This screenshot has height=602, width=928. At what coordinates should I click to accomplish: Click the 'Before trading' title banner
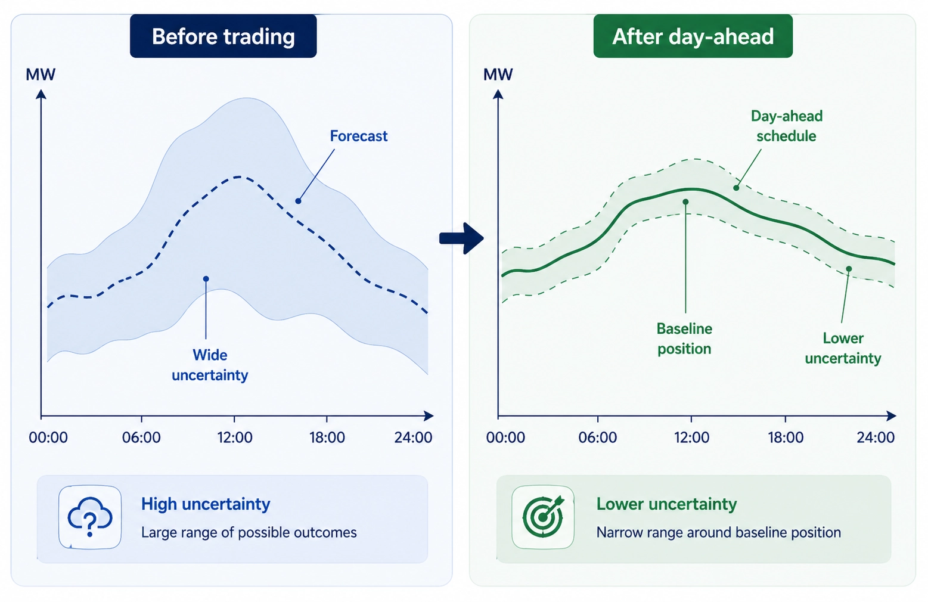[x=223, y=36]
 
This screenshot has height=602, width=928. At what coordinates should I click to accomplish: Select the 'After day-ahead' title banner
[x=693, y=36]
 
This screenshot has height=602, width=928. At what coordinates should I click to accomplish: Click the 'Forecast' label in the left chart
[x=358, y=136]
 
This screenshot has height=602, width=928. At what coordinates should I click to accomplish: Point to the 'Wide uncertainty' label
[x=210, y=365]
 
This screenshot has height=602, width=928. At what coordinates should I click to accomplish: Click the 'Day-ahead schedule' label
[x=786, y=126]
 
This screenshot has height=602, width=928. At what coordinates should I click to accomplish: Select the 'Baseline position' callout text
[x=684, y=339]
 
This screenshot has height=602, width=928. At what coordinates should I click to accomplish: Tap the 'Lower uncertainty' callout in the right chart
[x=843, y=348]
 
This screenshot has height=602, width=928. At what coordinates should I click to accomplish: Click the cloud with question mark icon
[x=90, y=517]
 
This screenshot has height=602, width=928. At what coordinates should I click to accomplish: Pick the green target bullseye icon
[x=543, y=517]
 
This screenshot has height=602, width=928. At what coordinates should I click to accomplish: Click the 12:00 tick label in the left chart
[x=234, y=437]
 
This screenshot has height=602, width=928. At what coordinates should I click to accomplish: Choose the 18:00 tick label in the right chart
[x=785, y=437]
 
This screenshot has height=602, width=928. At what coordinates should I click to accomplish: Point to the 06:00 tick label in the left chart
[x=141, y=437]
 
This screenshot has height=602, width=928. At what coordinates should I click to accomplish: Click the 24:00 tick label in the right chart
[x=875, y=437]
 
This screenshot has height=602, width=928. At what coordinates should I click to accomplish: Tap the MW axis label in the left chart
[x=41, y=75]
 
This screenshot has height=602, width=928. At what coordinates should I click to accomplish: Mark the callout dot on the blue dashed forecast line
[x=298, y=201]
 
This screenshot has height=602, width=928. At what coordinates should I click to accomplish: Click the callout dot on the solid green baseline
[x=685, y=202]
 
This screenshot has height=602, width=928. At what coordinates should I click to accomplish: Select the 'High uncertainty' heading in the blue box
[x=206, y=504]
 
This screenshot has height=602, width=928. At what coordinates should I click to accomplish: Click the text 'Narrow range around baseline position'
[x=718, y=532]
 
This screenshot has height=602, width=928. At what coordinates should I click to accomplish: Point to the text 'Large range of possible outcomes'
[x=249, y=532]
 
